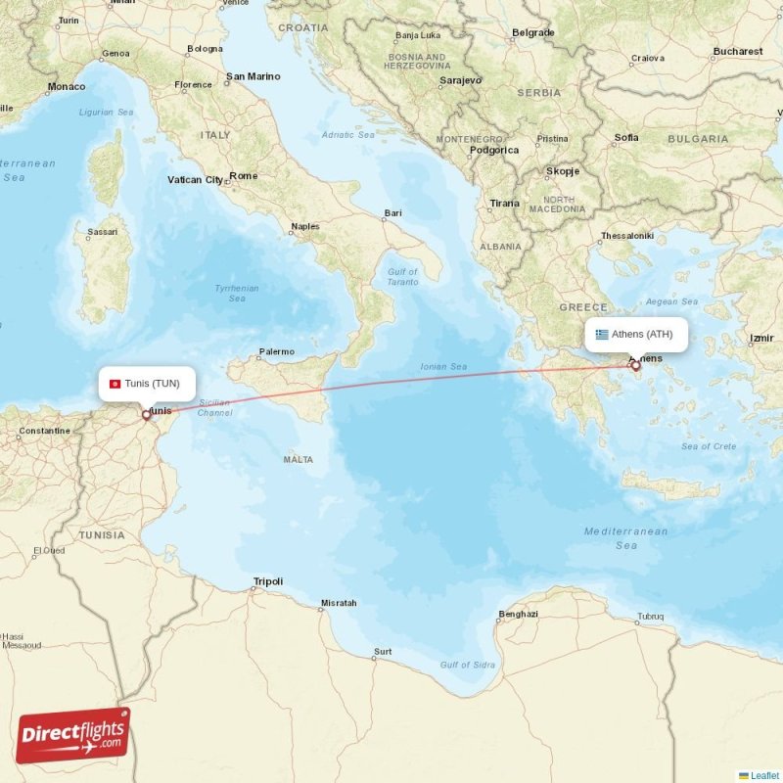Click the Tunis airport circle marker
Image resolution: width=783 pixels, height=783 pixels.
147,414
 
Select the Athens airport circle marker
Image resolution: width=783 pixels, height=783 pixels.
635,366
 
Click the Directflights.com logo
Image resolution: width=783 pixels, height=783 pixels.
73,735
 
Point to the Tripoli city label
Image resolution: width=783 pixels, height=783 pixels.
267,581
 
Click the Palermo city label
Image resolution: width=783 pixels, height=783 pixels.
276,351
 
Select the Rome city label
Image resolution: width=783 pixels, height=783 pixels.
243,176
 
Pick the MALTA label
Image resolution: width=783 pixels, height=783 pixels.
298,459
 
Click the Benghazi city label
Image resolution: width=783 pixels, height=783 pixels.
518,614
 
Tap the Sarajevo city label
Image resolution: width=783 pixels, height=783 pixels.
459,80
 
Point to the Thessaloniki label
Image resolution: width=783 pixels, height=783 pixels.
626,236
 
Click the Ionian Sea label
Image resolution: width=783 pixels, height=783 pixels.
443,367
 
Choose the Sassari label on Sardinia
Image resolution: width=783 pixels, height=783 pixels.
102,232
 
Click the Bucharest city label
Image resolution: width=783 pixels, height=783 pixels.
737,51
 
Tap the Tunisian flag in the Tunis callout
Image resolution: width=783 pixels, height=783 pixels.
115,384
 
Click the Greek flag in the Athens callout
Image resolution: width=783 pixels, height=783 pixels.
602,335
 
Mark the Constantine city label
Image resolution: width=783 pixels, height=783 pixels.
45,431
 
